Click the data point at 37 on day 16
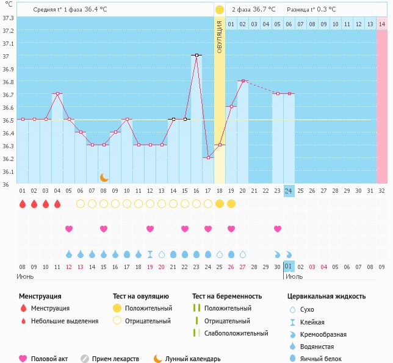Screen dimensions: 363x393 point(196,55)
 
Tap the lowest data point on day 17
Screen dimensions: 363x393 point(207,157)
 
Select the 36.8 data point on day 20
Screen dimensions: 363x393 point(243,81)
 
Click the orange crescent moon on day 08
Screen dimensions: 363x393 point(104,177)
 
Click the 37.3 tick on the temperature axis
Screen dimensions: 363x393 point(9,18)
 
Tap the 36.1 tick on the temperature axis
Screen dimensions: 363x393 point(9,171)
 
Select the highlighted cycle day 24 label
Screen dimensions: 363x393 point(289,190)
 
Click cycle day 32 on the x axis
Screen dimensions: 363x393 point(382,190)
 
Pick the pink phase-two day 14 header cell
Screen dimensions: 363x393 point(382,23)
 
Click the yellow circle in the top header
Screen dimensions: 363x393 point(219,10)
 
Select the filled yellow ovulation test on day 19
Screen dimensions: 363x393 point(231,204)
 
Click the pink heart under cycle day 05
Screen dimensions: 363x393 point(69,229)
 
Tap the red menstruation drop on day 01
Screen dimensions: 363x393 point(23,204)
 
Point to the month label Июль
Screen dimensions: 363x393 point(294,276)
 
